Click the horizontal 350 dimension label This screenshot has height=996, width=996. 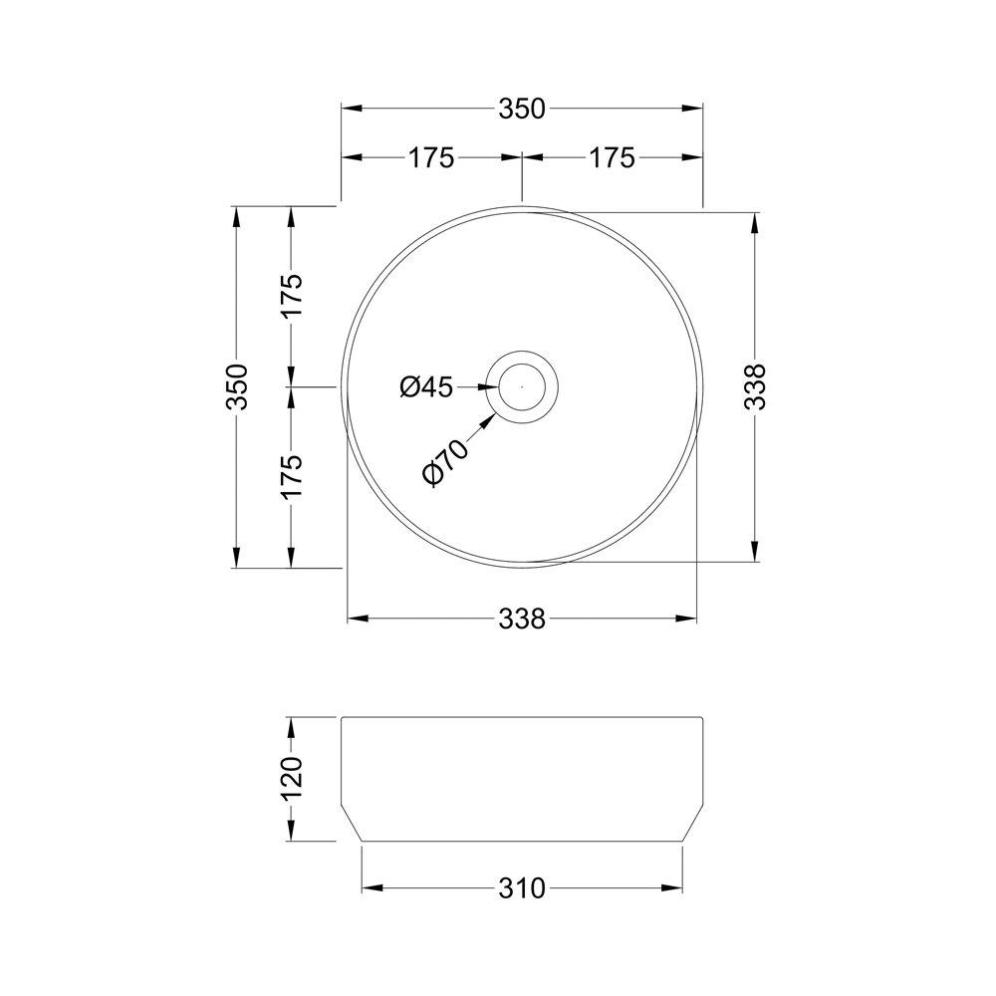522,109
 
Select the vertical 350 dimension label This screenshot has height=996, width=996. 236,386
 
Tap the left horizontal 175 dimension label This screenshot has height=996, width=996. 430,157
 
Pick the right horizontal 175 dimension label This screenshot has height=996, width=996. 611,157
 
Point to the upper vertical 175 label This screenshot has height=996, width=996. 290,296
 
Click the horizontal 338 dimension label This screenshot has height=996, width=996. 522,619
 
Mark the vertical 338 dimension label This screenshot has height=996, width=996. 756,386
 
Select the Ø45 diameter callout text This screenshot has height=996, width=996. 426,387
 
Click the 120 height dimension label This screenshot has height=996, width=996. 290,779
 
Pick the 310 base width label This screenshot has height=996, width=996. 522,887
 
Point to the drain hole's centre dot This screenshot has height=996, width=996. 522,386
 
